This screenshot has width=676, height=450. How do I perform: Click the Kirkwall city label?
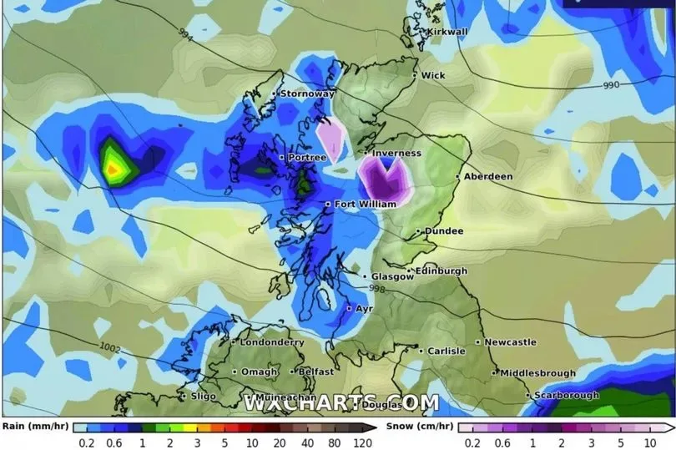[x=448, y=32]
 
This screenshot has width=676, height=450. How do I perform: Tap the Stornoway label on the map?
[x=306, y=94]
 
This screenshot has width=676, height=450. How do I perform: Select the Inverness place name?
[x=396, y=154]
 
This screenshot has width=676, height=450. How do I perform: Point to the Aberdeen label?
[x=490, y=177]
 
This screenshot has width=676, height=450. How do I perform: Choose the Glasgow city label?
[x=392, y=277]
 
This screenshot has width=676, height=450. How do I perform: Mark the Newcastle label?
[x=510, y=342]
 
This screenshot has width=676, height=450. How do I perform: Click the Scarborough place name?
[x=567, y=395]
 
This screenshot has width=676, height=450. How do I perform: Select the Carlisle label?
[x=446, y=351]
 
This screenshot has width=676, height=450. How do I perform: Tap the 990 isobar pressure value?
[x=613, y=86]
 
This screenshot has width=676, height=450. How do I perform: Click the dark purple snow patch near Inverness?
[x=385, y=178]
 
